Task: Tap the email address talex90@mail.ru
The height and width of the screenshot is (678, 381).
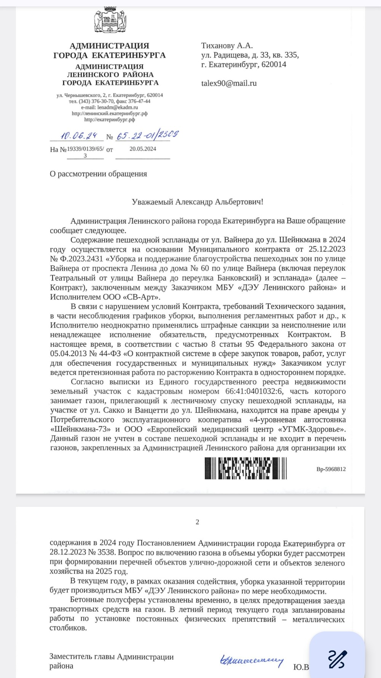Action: [x=229, y=83]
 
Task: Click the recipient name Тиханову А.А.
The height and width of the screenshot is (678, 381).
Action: [x=227, y=46]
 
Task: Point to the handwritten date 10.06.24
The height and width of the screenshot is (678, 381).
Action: [x=79, y=136]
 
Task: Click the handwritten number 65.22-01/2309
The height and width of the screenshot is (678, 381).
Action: [x=147, y=135]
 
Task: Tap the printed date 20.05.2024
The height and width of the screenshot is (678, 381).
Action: [x=142, y=149]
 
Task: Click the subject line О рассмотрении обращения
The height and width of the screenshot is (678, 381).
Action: [x=98, y=174]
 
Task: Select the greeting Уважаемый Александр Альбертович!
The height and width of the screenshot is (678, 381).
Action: [x=197, y=202]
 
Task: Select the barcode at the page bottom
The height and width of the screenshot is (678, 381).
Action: [x=245, y=468]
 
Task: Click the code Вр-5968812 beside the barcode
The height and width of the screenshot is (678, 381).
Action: [x=331, y=469]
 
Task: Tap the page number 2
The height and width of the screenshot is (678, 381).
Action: [x=197, y=522]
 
